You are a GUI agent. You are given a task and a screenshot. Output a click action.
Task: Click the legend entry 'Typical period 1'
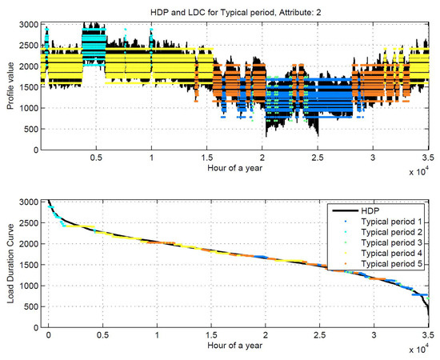click(x=388, y=222)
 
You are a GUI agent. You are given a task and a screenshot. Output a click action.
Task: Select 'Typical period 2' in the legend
click(x=388, y=232)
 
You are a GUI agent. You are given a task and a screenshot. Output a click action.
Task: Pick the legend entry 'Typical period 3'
click(x=388, y=243)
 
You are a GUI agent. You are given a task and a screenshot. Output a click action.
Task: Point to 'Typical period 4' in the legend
click(x=388, y=254)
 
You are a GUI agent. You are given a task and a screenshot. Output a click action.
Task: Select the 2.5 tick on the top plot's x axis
click(x=318, y=158)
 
